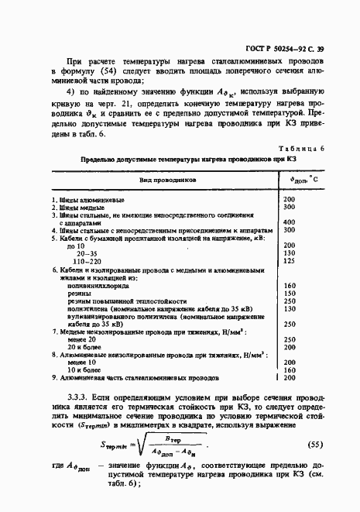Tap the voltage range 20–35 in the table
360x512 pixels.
[87, 253]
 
